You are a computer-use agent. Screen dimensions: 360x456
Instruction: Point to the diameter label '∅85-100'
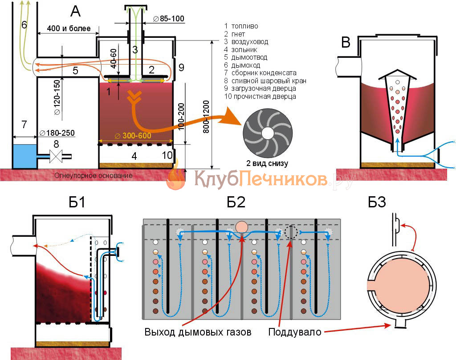coord(168,19)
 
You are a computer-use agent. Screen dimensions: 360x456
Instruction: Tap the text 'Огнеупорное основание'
coord(93,175)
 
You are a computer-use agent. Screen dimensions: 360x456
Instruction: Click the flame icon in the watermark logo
coord(176,178)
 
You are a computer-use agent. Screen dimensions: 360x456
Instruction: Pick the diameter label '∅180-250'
coord(57,133)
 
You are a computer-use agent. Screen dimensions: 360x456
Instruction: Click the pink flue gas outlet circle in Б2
coord(243,227)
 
